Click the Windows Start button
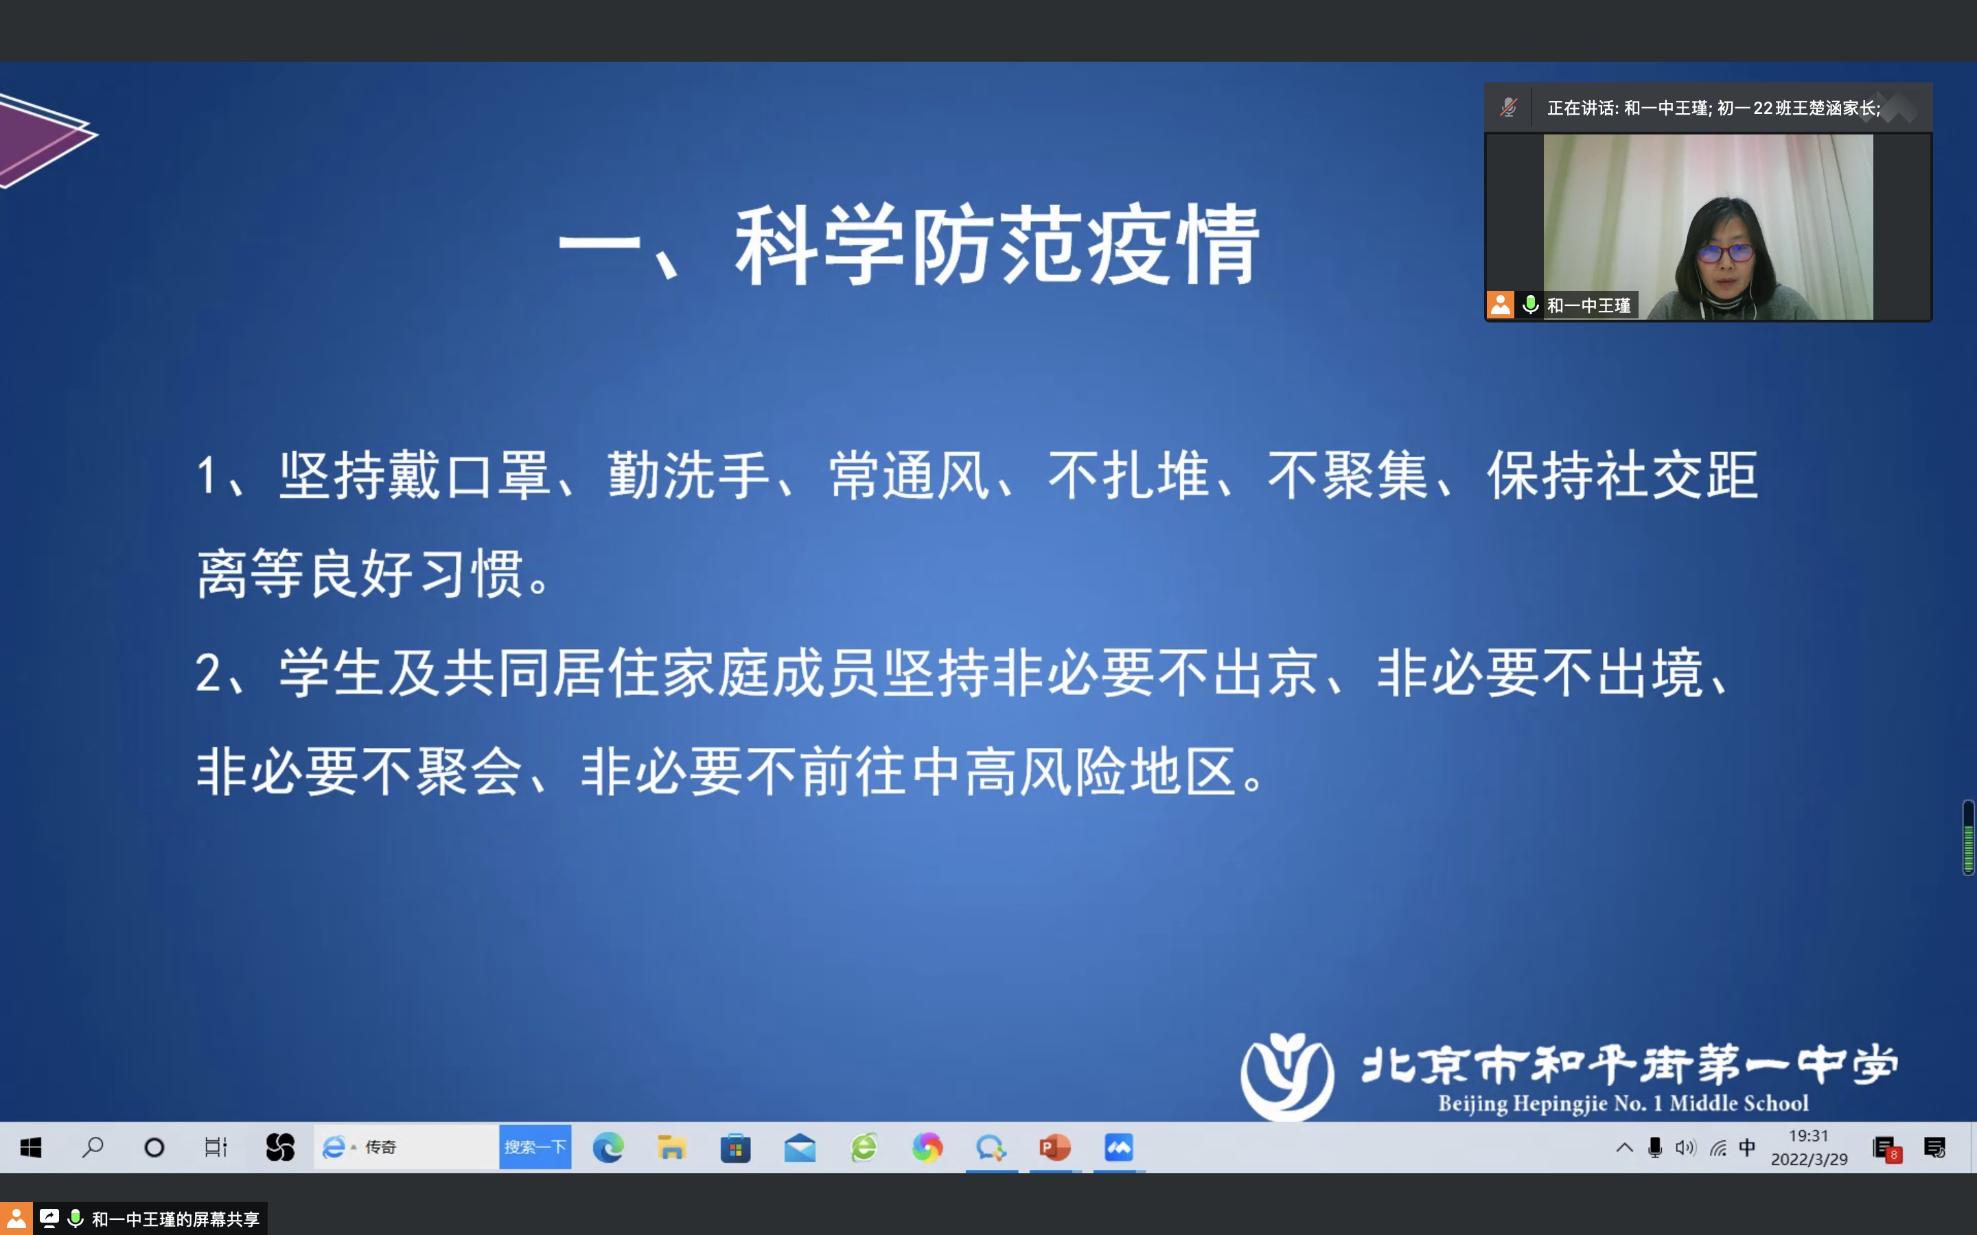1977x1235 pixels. (31, 1148)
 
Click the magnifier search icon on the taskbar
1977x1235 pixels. (92, 1148)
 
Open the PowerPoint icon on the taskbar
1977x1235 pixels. (1054, 1148)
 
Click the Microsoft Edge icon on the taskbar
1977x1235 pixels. (608, 1148)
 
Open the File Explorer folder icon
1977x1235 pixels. (671, 1148)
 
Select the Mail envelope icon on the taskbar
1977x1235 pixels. (800, 1149)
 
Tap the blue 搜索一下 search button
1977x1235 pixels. (535, 1146)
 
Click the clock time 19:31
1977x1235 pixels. (1808, 1136)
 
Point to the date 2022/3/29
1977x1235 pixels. (1809, 1159)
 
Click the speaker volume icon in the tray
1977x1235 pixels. (1685, 1148)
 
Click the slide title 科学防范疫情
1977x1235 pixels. (997, 244)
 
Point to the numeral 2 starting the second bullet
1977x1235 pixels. (207, 674)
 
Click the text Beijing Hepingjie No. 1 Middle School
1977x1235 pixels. (1623, 1103)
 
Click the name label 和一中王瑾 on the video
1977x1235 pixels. (1588, 305)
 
